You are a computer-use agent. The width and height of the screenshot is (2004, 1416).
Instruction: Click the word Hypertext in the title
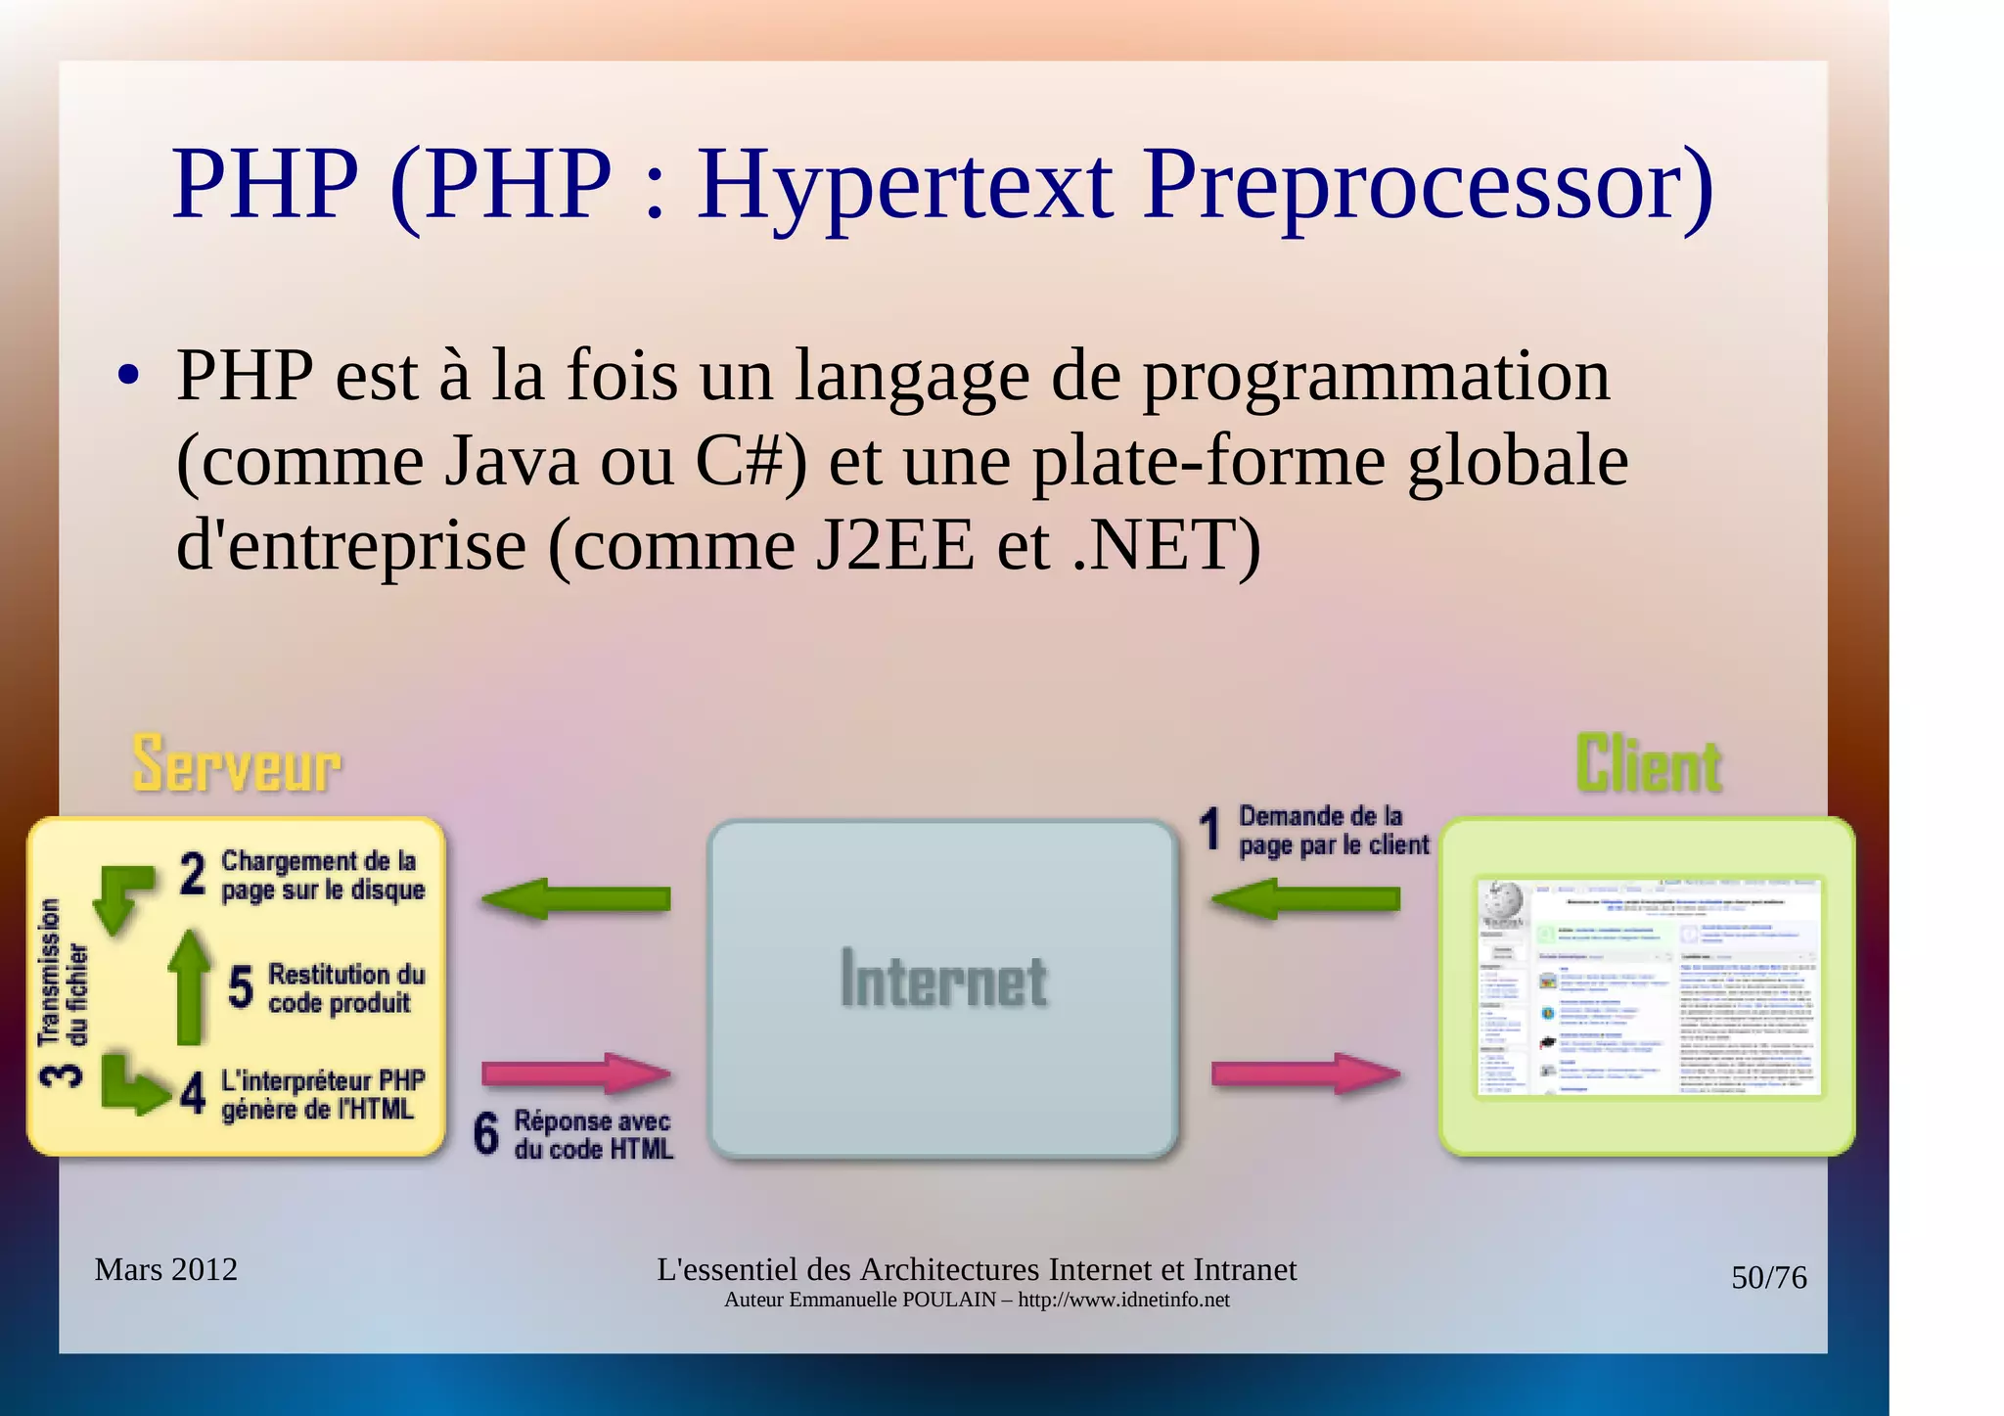904,186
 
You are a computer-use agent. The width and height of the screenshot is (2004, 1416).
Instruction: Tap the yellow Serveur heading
237,763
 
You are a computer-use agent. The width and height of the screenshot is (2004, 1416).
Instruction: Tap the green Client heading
1649,764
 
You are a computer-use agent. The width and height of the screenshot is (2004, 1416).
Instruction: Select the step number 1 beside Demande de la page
1210,829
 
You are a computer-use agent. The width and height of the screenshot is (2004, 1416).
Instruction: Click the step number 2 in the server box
193,874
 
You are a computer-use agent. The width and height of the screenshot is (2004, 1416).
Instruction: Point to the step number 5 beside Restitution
241,986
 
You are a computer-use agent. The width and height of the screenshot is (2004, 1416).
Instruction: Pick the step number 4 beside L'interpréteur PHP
193,1093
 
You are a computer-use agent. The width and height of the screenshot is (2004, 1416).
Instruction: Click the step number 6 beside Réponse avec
486,1133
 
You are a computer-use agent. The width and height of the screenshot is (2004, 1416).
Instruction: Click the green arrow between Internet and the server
577,898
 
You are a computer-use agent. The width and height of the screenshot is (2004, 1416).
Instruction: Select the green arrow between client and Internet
1306,898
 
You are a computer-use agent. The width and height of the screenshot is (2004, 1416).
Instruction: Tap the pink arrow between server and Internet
576,1073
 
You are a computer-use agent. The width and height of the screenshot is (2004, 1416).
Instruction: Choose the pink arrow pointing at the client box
1306,1073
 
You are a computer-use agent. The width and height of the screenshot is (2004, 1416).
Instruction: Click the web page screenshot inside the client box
1649,986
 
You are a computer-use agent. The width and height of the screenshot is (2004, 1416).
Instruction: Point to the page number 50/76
1768,1277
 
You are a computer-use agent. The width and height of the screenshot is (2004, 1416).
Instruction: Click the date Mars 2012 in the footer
166,1269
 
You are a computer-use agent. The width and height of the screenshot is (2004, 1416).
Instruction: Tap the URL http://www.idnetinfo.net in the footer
1123,1301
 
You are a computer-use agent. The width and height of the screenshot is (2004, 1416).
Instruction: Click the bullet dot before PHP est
127,377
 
